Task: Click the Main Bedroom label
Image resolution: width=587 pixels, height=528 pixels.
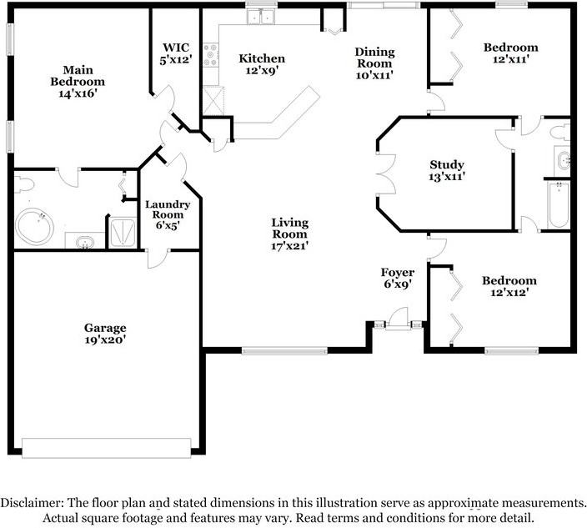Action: point(77,82)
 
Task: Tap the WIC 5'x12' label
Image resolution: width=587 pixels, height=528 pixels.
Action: point(177,53)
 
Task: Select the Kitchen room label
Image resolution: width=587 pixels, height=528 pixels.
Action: point(262,64)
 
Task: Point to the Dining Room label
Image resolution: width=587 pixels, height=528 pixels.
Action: point(374,63)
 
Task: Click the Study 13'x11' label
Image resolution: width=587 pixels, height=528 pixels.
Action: point(447,170)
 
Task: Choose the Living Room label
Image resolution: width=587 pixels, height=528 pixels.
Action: point(290,234)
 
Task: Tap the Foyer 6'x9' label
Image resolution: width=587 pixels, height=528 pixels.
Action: point(397,279)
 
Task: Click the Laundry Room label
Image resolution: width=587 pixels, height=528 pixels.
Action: point(168,214)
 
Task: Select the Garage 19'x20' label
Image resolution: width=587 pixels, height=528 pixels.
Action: point(104,334)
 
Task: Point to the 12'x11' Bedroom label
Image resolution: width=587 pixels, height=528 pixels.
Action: point(510,53)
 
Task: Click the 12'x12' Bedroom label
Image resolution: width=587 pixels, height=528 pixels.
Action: point(509,287)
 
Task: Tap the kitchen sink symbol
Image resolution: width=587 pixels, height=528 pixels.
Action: point(266,18)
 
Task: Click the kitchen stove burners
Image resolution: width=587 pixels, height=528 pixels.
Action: point(211,56)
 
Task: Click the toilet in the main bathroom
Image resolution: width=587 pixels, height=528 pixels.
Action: point(23,183)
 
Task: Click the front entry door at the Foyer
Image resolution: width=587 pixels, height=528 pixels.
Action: point(398,321)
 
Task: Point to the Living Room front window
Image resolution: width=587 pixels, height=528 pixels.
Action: point(278,349)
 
